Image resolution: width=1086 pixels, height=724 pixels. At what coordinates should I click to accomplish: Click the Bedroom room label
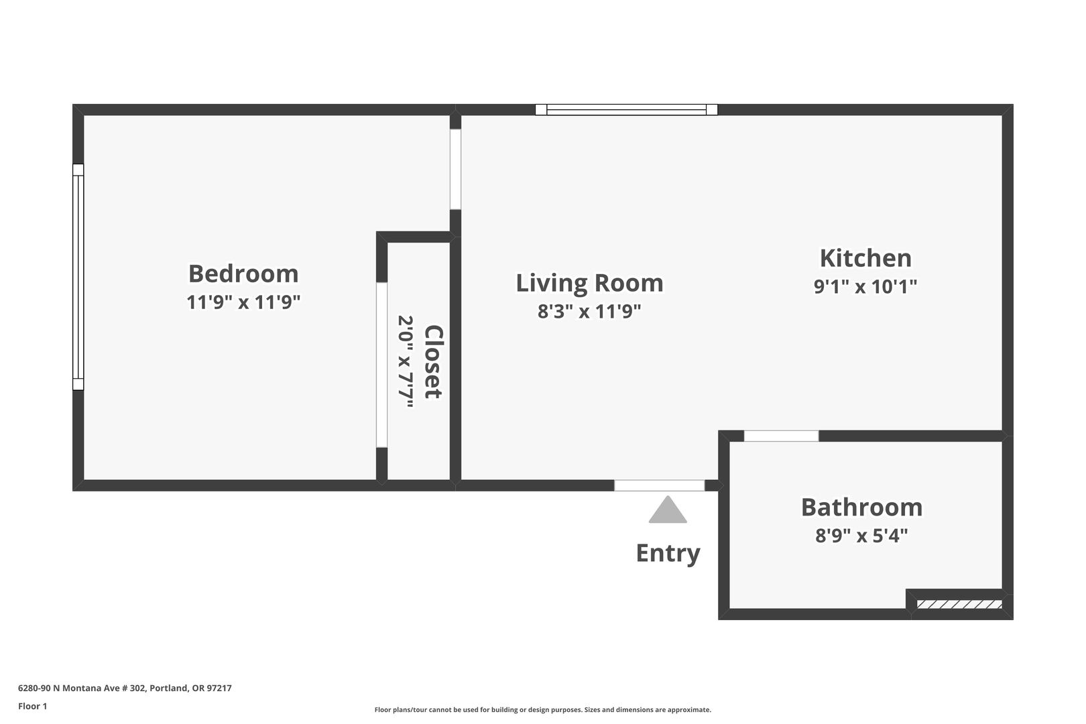[243, 274]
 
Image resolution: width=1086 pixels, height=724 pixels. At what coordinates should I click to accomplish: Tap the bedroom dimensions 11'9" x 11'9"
[243, 302]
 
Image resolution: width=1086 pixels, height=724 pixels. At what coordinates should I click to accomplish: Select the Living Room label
[589, 283]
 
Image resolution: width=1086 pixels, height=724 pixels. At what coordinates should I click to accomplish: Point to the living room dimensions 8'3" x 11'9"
[589, 311]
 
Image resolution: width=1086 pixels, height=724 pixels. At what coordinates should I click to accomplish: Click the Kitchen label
[865, 258]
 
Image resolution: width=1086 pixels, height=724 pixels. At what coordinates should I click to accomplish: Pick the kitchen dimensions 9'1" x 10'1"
[865, 287]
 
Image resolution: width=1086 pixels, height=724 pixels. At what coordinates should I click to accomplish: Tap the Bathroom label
[861, 507]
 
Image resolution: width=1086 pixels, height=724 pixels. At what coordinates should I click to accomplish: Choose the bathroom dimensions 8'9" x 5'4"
[861, 536]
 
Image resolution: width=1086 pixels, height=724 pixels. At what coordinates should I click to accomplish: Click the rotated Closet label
[434, 362]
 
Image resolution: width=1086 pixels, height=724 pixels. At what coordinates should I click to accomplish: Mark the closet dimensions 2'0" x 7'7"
[406, 362]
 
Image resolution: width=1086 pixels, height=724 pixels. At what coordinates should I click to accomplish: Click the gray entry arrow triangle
[668, 509]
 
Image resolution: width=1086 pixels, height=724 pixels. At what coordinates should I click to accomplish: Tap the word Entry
[668, 553]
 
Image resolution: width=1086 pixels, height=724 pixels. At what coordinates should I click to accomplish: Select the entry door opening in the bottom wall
[660, 485]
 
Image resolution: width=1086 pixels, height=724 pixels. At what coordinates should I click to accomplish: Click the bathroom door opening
[781, 436]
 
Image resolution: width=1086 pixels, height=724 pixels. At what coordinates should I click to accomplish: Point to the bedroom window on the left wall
[78, 277]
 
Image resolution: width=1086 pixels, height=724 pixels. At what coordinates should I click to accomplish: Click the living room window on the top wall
[626, 109]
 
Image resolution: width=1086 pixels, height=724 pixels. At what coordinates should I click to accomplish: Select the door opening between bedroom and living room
[455, 169]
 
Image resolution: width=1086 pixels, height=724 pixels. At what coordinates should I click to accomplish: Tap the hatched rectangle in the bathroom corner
[959, 604]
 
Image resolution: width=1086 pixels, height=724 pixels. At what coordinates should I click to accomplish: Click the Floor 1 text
[32, 706]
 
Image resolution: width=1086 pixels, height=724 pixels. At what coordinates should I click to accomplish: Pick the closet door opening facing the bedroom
[382, 365]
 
